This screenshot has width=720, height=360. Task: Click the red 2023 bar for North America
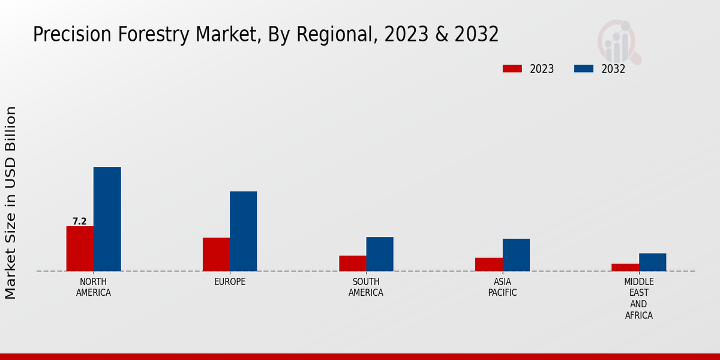coord(80,248)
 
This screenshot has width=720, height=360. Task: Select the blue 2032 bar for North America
coord(107,219)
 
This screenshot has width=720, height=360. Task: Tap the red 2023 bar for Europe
coord(216,254)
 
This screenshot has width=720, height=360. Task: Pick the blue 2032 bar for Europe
coord(243,231)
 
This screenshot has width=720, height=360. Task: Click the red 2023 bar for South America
coord(352,263)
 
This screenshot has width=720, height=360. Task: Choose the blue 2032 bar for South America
coord(380,254)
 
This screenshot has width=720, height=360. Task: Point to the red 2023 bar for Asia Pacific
coord(488,265)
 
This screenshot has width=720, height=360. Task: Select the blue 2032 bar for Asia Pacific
coord(516,255)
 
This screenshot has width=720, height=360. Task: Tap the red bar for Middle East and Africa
coord(625,268)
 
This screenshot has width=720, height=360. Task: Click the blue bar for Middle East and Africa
coord(652,262)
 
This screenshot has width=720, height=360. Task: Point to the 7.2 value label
coord(80,221)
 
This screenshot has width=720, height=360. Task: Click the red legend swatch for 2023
coord(512,69)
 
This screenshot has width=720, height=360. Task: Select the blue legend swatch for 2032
coord(584,69)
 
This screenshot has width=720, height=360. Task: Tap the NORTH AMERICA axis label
coord(94,287)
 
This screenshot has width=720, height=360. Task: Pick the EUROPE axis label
coord(230,282)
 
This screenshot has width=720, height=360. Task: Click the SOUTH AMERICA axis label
coord(366,287)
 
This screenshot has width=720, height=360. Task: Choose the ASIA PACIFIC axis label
coord(502,287)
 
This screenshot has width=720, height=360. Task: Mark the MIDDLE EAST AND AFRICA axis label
coord(639,298)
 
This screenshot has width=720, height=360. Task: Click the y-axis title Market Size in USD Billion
coord(11,203)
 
